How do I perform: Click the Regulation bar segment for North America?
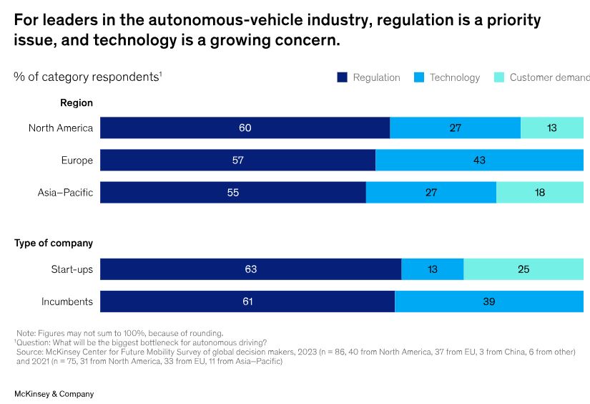click(245, 128)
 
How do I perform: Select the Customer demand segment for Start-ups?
click(523, 269)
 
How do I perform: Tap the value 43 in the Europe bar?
click(479, 160)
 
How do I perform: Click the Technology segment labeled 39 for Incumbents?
click(488, 302)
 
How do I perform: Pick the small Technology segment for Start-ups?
click(432, 269)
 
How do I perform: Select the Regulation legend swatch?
click(342, 77)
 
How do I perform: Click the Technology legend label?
click(455, 77)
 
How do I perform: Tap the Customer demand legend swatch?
click(500, 77)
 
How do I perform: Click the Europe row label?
click(77, 160)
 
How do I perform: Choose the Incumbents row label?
click(67, 302)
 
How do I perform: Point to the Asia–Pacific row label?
click(65, 193)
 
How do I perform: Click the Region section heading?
click(77, 103)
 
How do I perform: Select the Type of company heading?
click(54, 244)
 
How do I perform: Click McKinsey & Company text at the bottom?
click(54, 394)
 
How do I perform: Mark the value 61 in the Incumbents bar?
click(247, 302)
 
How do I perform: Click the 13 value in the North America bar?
click(551, 128)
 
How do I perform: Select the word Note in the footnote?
click(26, 333)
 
